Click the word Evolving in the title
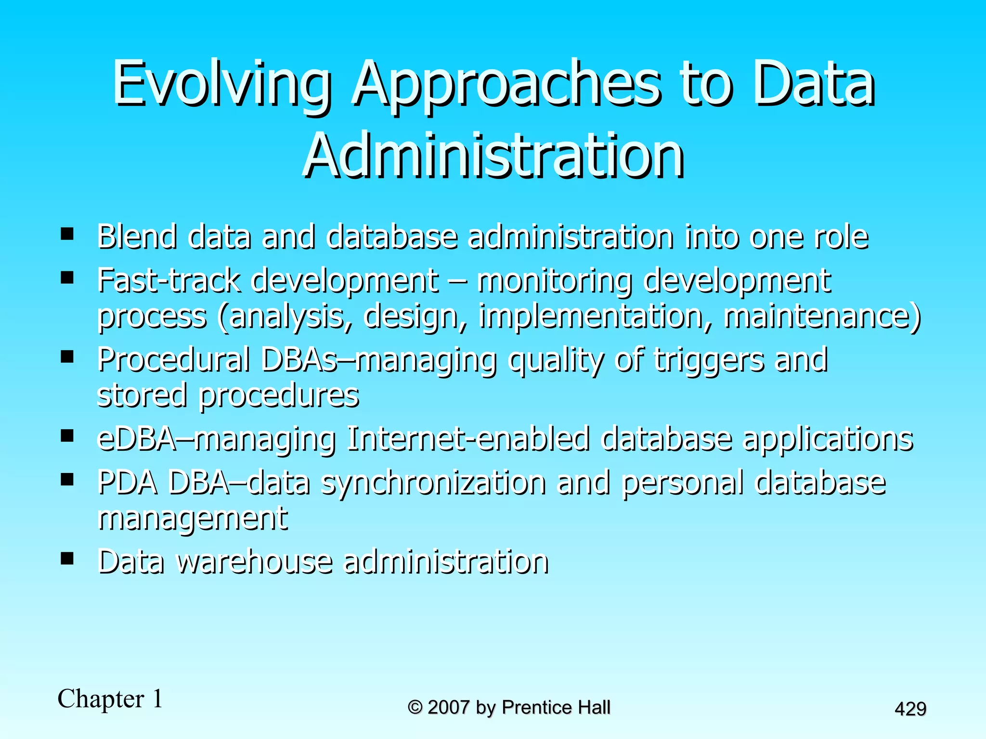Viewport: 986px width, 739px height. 221,84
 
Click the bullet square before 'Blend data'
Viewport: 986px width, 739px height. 67,234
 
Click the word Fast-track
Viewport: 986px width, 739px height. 169,280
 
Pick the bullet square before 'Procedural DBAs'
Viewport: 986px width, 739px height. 67,357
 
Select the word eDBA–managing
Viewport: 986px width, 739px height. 216,439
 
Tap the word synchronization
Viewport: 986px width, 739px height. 434,483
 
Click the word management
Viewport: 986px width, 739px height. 193,519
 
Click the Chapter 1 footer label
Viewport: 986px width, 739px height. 110,699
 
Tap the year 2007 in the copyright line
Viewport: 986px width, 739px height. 448,707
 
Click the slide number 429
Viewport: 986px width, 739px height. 910,709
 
